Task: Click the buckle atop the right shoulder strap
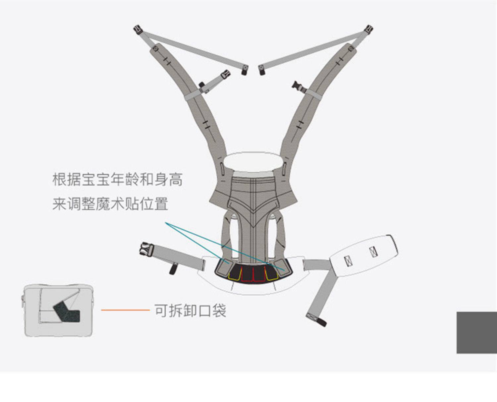pos(369,29)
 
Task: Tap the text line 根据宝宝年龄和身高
pos(117,179)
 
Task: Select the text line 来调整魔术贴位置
pos(110,204)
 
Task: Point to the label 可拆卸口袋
pos(190,311)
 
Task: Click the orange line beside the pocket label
pos(125,310)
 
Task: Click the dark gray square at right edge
pos(477,333)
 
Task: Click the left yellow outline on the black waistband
pos(235,274)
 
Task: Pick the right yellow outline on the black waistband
pos(272,274)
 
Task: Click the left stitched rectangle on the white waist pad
pos(348,261)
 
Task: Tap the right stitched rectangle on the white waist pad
pos(373,252)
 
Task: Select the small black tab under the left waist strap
pos(173,268)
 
